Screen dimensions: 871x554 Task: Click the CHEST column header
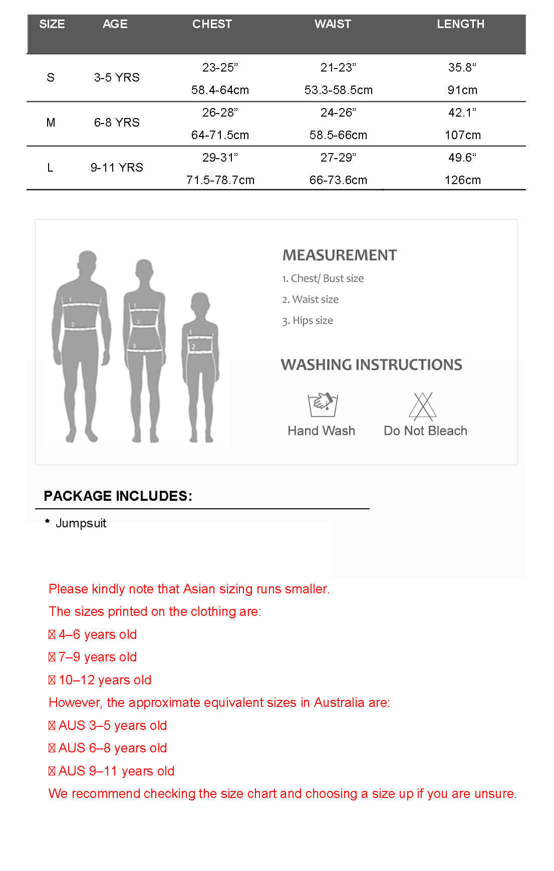pyautogui.click(x=212, y=24)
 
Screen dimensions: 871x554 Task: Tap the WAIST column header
pyautogui.click(x=333, y=24)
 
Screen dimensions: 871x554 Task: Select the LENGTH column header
pyautogui.click(x=460, y=24)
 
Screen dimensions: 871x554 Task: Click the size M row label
pyautogui.click(x=51, y=123)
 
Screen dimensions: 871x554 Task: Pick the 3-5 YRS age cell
pyautogui.click(x=117, y=78)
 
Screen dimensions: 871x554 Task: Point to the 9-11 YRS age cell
pyautogui.click(x=117, y=168)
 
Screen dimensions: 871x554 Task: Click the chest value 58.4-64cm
pyautogui.click(x=220, y=90)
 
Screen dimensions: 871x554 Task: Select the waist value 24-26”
pyautogui.click(x=338, y=113)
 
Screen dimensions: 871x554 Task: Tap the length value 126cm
pyautogui.click(x=462, y=180)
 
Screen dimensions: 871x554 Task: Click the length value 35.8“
pyautogui.click(x=462, y=68)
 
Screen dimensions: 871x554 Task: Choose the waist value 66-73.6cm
pyautogui.click(x=338, y=180)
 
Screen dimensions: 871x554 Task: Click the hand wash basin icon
pyautogui.click(x=322, y=404)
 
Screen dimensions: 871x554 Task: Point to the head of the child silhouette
pyautogui.click(x=200, y=303)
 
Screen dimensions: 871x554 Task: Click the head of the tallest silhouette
pyautogui.click(x=88, y=262)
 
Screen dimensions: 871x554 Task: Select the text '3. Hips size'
pyautogui.click(x=308, y=321)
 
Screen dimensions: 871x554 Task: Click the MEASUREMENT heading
pyautogui.click(x=340, y=255)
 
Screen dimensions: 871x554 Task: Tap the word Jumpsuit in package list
pyautogui.click(x=81, y=523)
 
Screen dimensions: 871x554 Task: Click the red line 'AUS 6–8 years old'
pyautogui.click(x=112, y=748)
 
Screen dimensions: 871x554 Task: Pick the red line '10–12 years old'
pyautogui.click(x=105, y=680)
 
